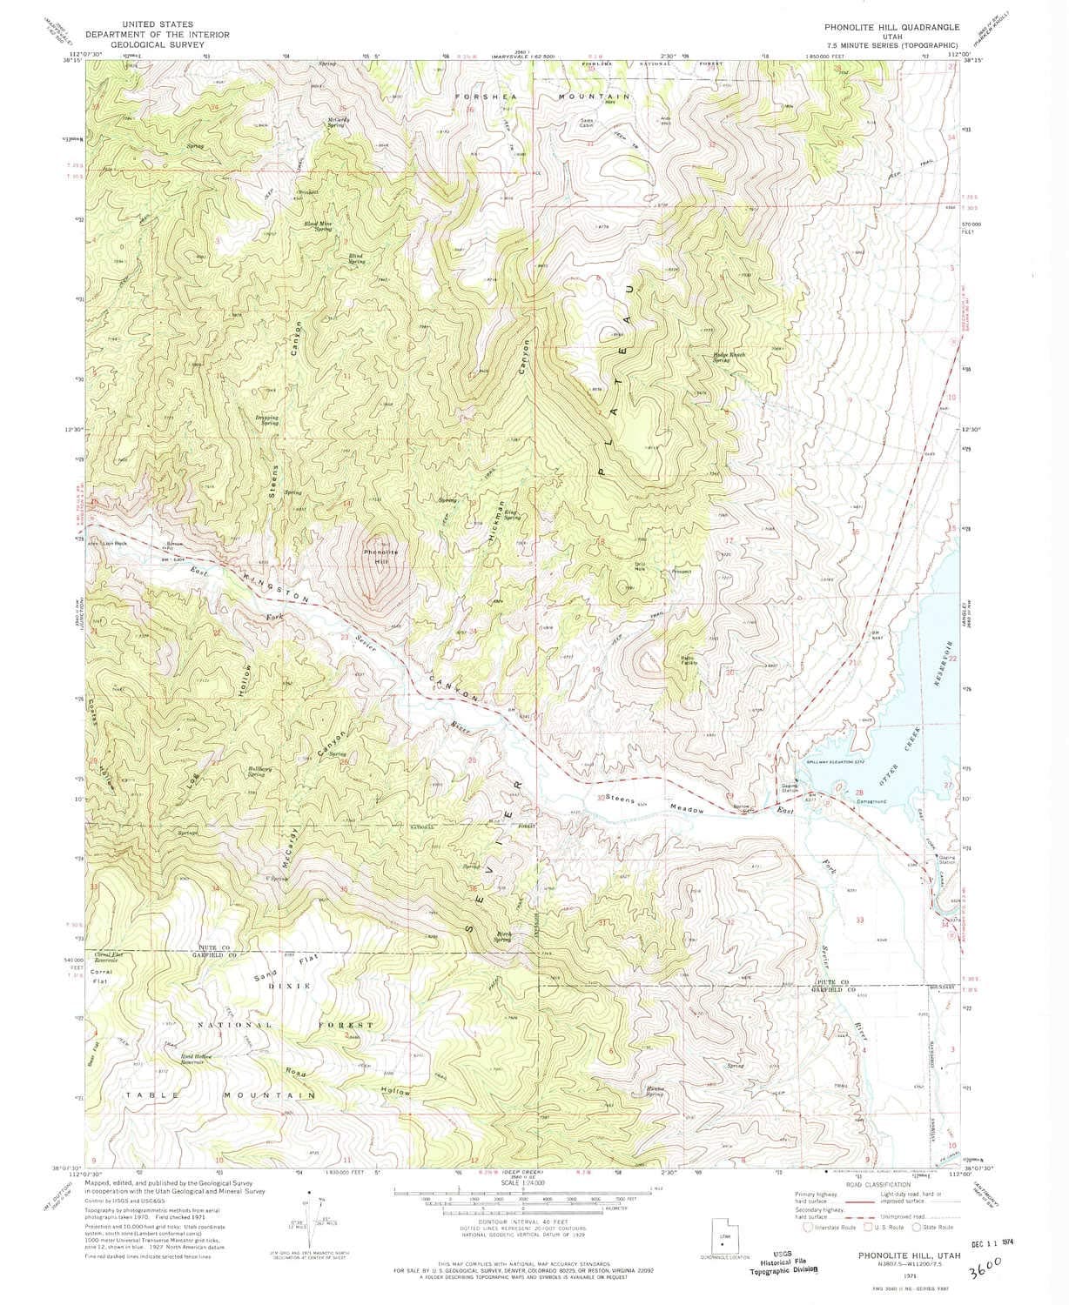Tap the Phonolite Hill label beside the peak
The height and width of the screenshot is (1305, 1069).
tap(380, 556)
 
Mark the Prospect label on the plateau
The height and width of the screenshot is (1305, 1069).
tap(682, 572)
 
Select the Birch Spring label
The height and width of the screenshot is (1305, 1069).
tap(503, 937)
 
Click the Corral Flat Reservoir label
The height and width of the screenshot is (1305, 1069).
tap(111, 956)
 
